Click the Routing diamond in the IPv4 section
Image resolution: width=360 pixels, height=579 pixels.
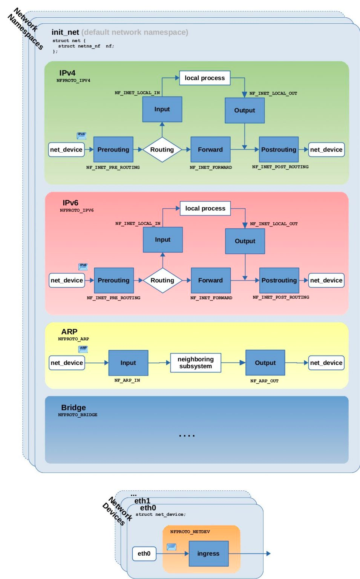(x=162, y=150)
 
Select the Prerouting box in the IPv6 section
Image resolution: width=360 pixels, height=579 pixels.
(x=114, y=280)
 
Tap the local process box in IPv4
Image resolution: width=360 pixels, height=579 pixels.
(x=205, y=78)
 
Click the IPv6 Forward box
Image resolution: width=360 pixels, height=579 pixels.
(x=210, y=280)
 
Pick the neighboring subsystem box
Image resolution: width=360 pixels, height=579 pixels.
(x=195, y=363)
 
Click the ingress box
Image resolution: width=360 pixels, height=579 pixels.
(x=208, y=553)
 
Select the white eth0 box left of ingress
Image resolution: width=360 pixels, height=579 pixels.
(x=144, y=553)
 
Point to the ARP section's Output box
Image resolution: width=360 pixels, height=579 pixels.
(x=265, y=363)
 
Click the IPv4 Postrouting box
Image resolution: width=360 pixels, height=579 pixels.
(x=279, y=150)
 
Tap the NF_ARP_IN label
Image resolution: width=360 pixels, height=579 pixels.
(x=127, y=380)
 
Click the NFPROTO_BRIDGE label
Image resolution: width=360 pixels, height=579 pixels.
(x=78, y=415)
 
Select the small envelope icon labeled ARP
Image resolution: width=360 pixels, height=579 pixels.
(x=83, y=349)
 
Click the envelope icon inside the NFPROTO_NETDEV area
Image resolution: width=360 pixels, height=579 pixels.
(x=172, y=547)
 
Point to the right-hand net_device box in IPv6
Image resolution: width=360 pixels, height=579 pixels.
(x=326, y=280)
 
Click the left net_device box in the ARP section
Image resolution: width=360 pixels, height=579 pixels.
(x=67, y=363)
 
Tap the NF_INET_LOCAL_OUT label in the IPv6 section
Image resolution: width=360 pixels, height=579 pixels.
(x=274, y=224)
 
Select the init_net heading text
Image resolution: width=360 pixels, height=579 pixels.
(x=65, y=32)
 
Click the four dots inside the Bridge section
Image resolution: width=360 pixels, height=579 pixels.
(x=187, y=436)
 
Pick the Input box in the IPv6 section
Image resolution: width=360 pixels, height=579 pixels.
(x=163, y=240)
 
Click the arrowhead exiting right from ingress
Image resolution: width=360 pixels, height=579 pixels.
(x=268, y=553)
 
